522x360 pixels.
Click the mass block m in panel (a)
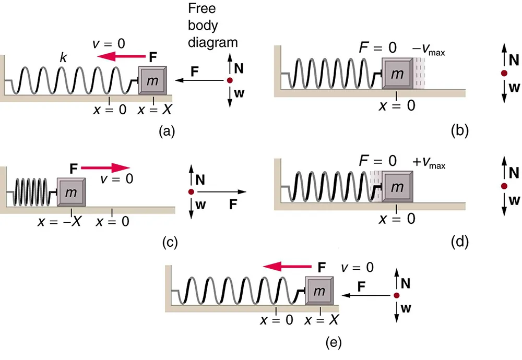[x=153, y=80]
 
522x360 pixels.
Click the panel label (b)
[x=459, y=131]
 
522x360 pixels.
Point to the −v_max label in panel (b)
[x=429, y=52]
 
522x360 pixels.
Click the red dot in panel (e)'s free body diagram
[x=396, y=295]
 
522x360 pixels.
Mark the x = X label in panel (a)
[x=154, y=111]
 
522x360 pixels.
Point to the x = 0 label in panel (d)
[x=396, y=219]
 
